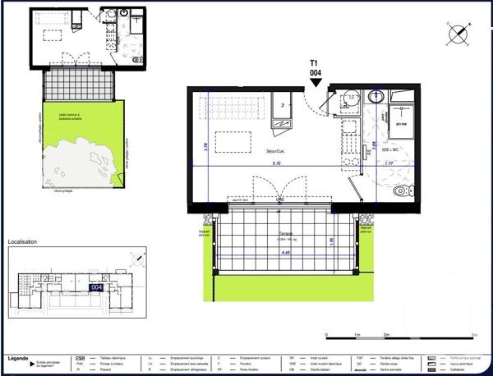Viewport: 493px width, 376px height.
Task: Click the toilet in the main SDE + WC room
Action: pyautogui.click(x=401, y=190)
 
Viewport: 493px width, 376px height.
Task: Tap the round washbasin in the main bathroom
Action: pyautogui.click(x=378, y=98)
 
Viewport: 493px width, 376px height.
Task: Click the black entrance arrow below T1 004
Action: pyautogui.click(x=316, y=81)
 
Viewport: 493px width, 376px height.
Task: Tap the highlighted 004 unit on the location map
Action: pyautogui.click(x=96, y=287)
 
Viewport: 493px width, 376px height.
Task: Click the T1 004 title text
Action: pyautogui.click(x=315, y=67)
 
